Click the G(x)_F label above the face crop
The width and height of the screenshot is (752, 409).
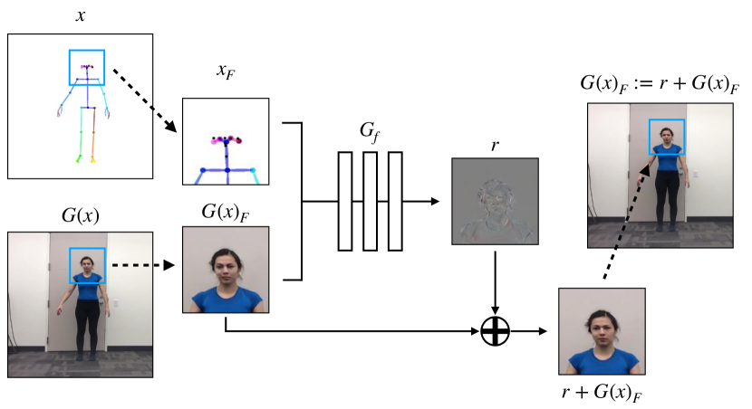tap(226, 214)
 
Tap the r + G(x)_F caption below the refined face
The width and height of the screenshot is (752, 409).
tap(602, 391)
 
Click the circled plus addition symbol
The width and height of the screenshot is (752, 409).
tap(496, 331)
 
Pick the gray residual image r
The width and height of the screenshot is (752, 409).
tap(495, 201)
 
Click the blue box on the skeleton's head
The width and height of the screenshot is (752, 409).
tap(87, 67)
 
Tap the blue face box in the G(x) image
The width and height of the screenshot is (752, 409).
tap(88, 265)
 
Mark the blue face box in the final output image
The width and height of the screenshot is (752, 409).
tap(668, 137)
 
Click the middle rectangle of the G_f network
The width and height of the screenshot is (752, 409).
tap(370, 200)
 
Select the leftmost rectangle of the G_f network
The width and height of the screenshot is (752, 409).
tap(344, 200)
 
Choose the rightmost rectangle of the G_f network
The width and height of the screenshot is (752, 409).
tap(395, 200)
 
